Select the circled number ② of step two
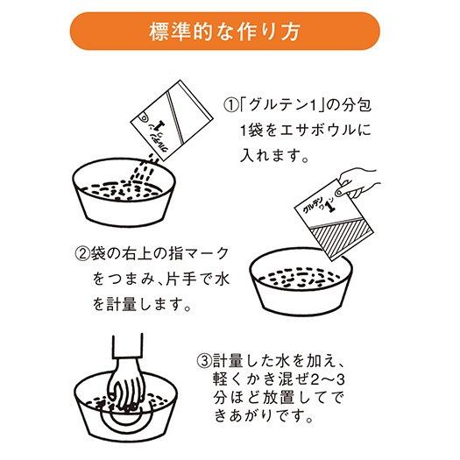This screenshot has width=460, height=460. [x=81, y=254]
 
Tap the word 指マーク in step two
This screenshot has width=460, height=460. [x=201, y=254]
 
